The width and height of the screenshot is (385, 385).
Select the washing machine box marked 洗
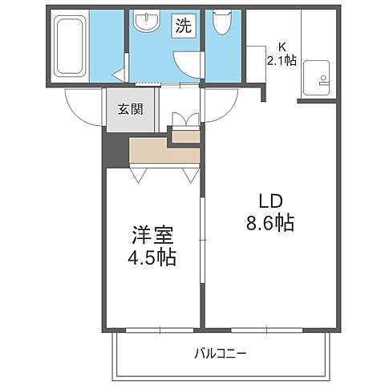point(184,26)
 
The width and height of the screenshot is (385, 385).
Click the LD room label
point(269,201)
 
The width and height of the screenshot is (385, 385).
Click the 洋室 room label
point(152,237)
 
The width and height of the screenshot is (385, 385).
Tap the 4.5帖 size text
point(152,258)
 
